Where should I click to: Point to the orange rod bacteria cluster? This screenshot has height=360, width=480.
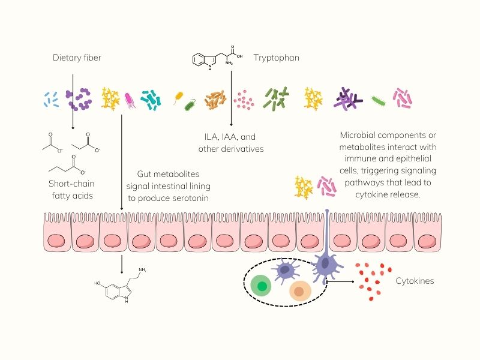pyautogui.click(x=215, y=100)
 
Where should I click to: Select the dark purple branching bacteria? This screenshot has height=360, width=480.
pyautogui.click(x=348, y=99)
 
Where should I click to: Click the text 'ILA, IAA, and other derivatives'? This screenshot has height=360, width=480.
pyautogui.click(x=231, y=142)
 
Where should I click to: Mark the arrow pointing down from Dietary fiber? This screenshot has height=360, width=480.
pyautogui.click(x=73, y=102)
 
